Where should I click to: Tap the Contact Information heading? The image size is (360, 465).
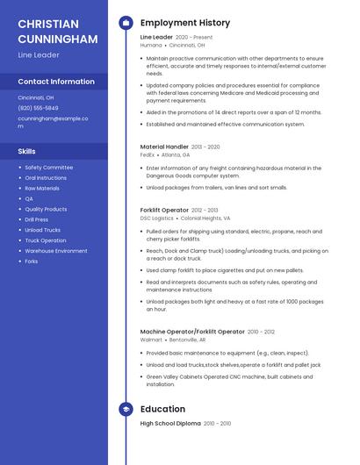(x=55, y=82)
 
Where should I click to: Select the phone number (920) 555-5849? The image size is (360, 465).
(x=38, y=108)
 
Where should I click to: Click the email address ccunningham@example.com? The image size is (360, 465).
(x=52, y=121)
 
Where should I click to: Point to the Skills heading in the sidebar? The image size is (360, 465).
(x=26, y=151)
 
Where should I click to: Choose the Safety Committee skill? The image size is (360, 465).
(x=48, y=167)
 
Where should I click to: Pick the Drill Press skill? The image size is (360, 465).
(x=36, y=219)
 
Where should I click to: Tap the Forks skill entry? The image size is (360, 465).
(x=31, y=261)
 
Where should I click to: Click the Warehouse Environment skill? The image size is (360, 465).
(x=55, y=251)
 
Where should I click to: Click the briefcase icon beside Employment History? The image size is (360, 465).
(x=126, y=23)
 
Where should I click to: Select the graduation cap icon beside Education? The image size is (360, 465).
(x=126, y=409)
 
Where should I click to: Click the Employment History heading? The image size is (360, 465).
(x=184, y=23)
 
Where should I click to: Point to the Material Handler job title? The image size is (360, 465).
(x=163, y=147)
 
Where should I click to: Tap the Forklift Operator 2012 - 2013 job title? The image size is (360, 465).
(x=164, y=211)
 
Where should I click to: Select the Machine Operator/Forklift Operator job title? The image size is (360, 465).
(x=192, y=332)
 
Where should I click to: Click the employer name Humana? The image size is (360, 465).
(x=151, y=45)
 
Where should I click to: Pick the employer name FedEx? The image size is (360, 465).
(x=147, y=154)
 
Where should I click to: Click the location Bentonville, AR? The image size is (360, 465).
(x=187, y=340)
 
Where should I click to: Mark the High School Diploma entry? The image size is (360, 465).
(x=171, y=424)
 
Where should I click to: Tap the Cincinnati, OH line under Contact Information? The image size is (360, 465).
(x=35, y=97)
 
